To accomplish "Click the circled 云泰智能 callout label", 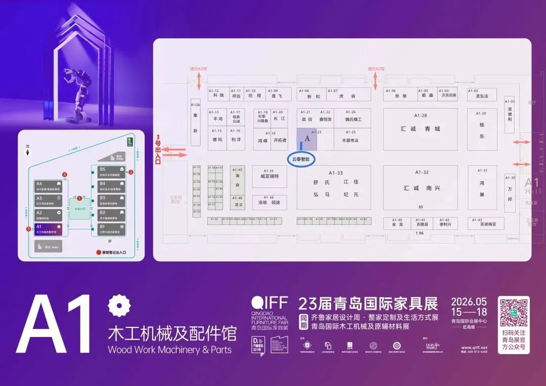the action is coord(302,159).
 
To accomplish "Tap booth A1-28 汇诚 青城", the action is coord(420,129).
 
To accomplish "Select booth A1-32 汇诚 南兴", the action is coord(422,187).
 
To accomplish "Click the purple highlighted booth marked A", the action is coord(307,138).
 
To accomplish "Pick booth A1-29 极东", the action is coord(482,130).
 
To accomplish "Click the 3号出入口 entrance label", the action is coord(158,147).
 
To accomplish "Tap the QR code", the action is coord(514,313).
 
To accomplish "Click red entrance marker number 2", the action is coord(131,172).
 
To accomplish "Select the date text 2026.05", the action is coord(469,302).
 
